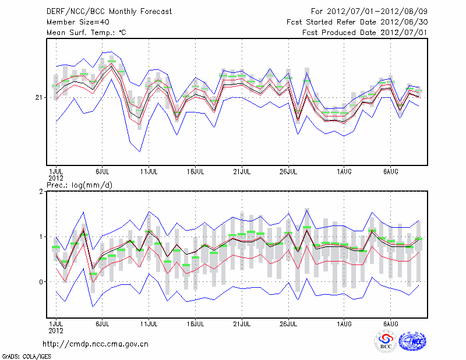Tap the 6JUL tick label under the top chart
click(103, 172)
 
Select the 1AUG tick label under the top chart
click(344, 172)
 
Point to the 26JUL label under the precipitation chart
click(288, 323)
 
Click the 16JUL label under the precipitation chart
click(196, 323)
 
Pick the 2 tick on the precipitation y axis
click(41, 192)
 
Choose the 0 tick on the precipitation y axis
click(41, 282)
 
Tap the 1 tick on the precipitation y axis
click(41, 237)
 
